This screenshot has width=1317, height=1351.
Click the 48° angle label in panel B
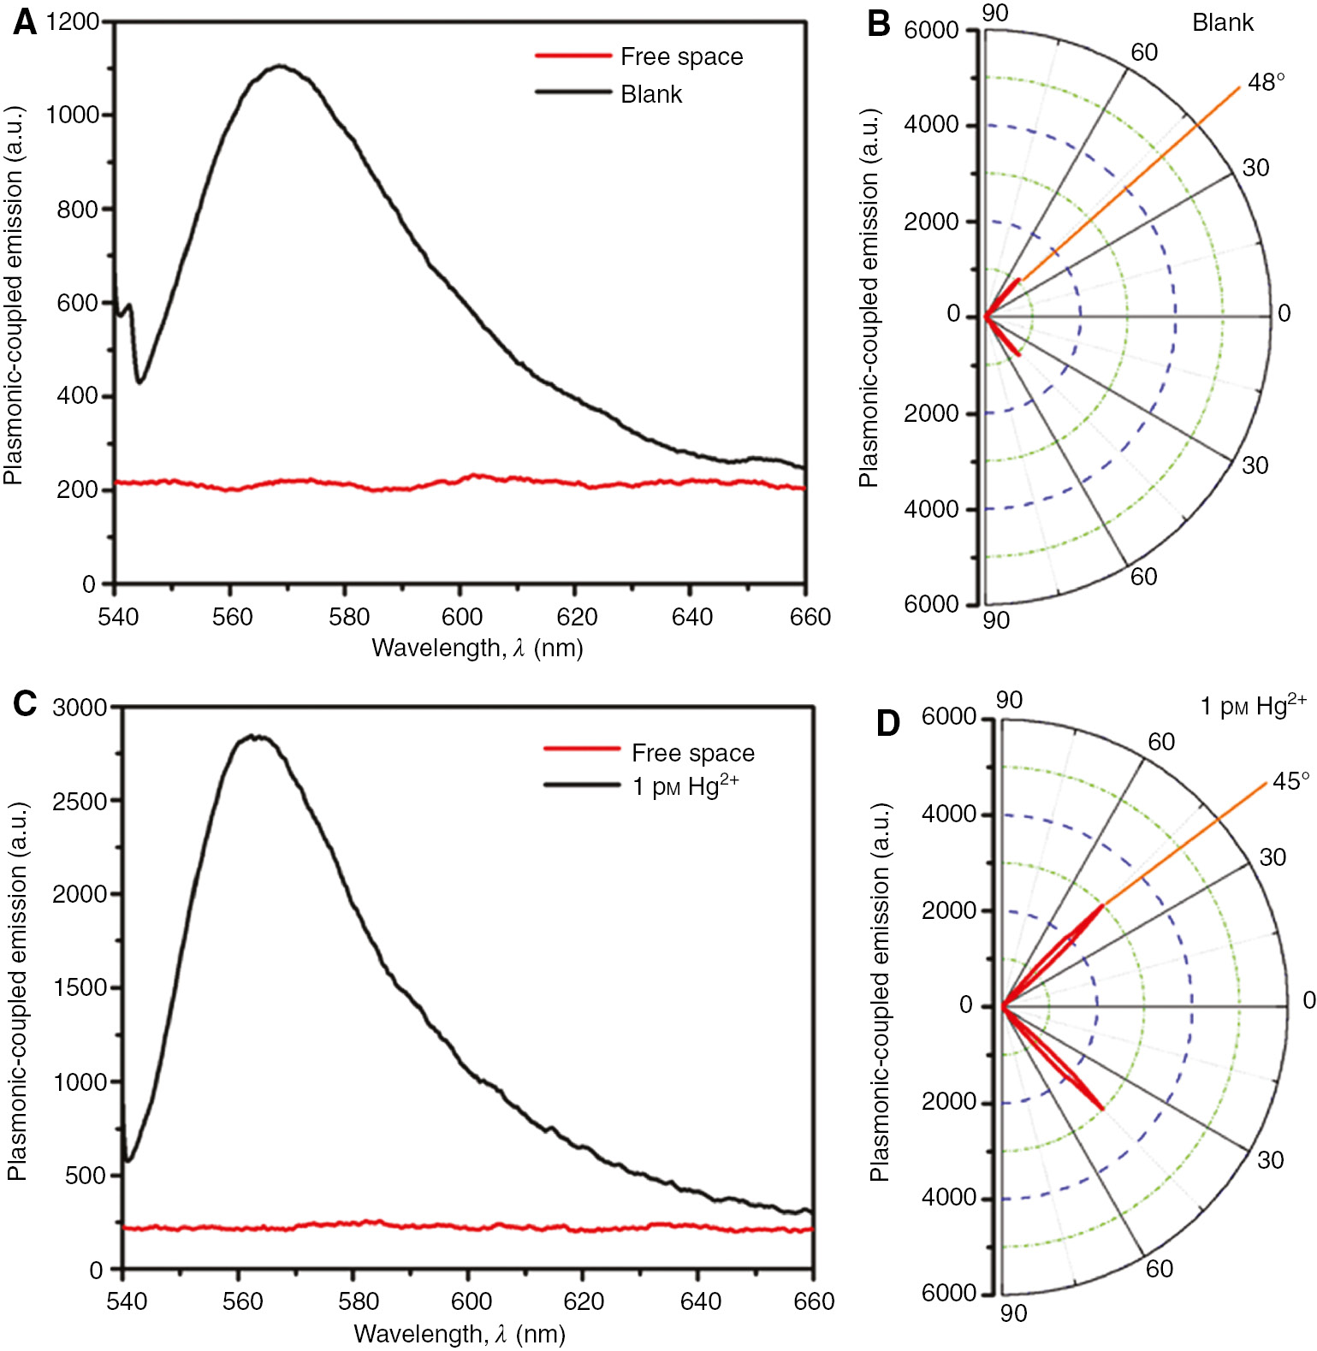pos(1266,83)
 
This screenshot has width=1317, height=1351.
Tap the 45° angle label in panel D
pos(1290,780)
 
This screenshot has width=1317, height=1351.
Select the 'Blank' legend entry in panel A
pos(651,94)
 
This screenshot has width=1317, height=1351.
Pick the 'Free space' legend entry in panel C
pos(692,753)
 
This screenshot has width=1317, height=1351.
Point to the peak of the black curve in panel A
pos(280,66)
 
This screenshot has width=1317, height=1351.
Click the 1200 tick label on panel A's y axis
pos(73,21)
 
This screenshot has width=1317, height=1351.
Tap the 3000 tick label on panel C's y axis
pos(80,708)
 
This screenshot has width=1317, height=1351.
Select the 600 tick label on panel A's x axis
pos(462,617)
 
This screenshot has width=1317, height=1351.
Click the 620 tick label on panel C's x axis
pos(584,1301)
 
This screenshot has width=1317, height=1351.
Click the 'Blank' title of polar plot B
pos(1222,23)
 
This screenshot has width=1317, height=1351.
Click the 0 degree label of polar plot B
pos(1284,313)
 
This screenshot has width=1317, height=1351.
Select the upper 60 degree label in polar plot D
pos(1160,742)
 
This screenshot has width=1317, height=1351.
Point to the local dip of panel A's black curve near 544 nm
pos(140,382)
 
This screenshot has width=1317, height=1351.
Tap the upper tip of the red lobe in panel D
pos(1101,905)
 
